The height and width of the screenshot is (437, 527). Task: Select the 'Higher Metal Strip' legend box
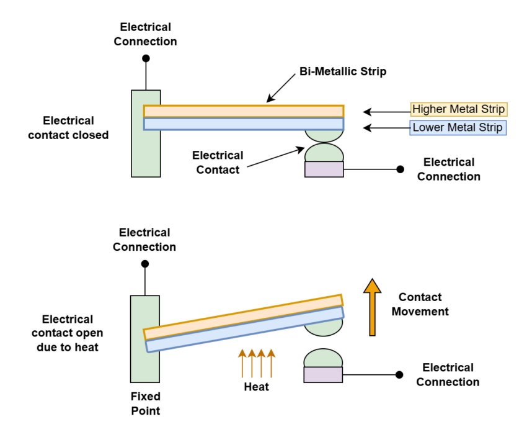459,109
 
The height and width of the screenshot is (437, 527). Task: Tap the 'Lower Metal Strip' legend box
458,128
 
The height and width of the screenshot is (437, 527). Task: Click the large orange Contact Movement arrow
372,307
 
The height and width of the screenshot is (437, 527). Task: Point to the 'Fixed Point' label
145,403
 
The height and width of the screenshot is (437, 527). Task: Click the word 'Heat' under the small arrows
257,387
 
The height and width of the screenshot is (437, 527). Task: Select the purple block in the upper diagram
324,169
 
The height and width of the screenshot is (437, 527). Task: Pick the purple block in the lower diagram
323,375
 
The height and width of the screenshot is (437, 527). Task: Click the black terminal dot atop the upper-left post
146,59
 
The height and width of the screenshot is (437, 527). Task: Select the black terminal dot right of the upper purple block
401,169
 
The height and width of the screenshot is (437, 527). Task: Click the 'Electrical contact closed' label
68,127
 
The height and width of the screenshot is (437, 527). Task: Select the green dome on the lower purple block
323,358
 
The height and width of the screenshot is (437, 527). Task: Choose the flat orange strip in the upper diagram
243,111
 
